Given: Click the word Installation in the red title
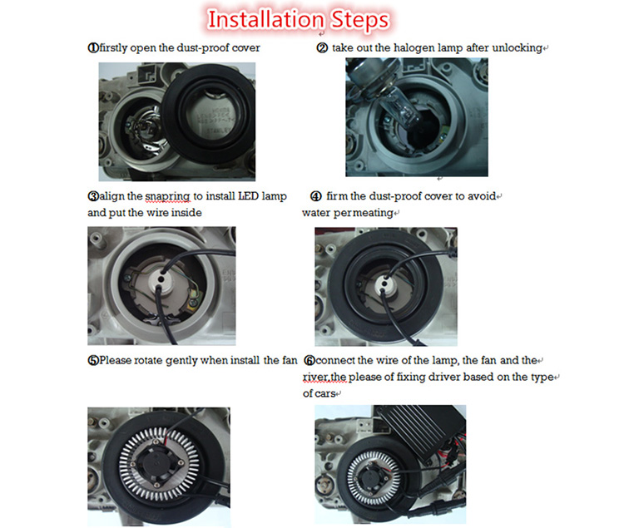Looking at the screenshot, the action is (x=266, y=19).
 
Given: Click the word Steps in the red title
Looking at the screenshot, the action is (x=360, y=21).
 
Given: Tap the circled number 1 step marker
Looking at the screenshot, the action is (x=93, y=48).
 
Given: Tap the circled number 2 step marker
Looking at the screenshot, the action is (x=322, y=48).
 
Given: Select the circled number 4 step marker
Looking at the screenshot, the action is (x=315, y=196).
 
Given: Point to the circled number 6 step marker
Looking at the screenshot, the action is (x=310, y=361).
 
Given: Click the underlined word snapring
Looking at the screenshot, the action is (x=167, y=197).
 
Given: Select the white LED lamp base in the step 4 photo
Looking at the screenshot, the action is (x=384, y=284).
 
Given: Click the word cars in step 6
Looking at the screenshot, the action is (x=324, y=393).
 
